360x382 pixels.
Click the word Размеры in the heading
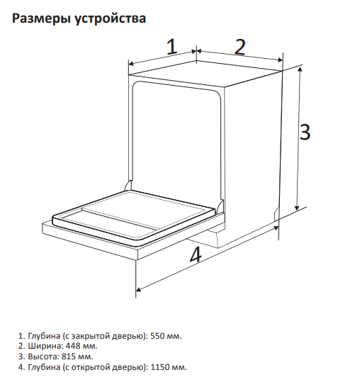[41, 18]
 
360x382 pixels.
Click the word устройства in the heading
[109, 19]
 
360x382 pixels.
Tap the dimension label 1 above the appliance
[171, 47]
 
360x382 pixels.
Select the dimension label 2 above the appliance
[240, 46]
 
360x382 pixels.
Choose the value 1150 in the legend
[160, 367]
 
